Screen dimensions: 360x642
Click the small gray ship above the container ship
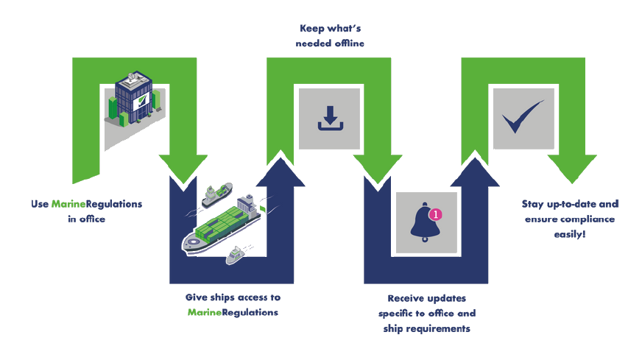216,194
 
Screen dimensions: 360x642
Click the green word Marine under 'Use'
69,204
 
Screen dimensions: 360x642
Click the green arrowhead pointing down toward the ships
184,166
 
